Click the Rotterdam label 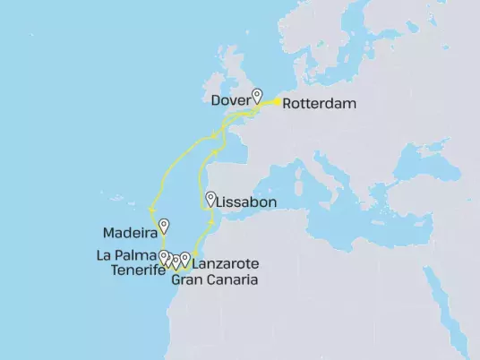(319, 104)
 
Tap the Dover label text (230, 99)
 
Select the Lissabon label (242, 203)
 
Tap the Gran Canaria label (214, 279)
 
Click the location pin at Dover (257, 94)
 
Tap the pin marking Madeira (163, 225)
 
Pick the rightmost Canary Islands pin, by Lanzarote (185, 259)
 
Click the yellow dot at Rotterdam (276, 102)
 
